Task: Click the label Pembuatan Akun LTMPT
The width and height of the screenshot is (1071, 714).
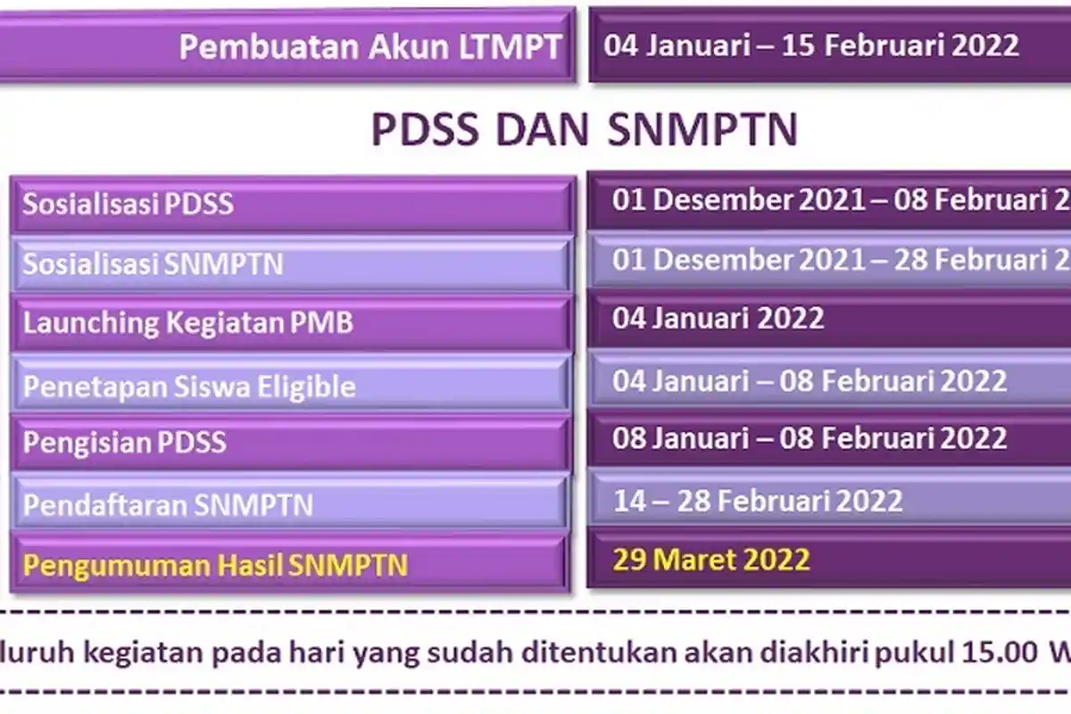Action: click(x=370, y=46)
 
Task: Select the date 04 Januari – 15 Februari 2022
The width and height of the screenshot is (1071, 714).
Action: click(x=810, y=46)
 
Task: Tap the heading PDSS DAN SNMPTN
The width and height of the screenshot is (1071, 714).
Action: click(x=584, y=130)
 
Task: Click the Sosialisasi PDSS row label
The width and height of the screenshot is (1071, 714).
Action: click(x=128, y=204)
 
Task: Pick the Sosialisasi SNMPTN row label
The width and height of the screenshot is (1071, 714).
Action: click(x=153, y=264)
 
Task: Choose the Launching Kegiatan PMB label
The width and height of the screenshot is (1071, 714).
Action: click(x=187, y=323)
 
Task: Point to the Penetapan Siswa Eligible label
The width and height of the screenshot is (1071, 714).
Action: click(x=189, y=386)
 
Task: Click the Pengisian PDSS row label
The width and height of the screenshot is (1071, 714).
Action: click(x=124, y=443)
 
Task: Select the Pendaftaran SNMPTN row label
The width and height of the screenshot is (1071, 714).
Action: click(x=168, y=505)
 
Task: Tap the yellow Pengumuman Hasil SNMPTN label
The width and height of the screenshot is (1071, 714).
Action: click(x=215, y=565)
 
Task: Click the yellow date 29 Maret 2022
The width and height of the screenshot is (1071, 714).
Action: click(x=710, y=560)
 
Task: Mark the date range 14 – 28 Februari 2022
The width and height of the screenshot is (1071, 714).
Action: click(x=757, y=501)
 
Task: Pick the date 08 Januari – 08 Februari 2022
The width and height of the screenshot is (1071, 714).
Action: click(x=809, y=438)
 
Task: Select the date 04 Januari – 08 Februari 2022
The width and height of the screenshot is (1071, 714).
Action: click(x=809, y=381)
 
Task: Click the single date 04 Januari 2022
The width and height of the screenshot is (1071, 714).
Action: click(x=718, y=319)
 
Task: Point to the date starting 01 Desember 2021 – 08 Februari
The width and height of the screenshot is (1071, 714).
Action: click(x=840, y=200)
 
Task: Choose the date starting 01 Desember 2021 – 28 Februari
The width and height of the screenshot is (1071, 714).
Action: click(x=840, y=260)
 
